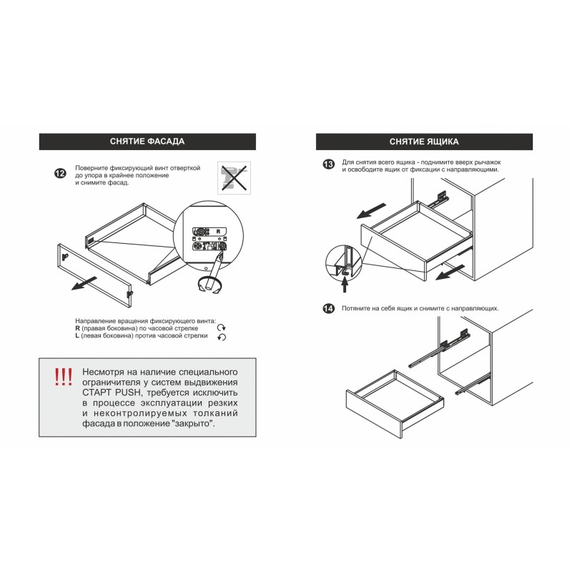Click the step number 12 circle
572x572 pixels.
pyautogui.click(x=60, y=173)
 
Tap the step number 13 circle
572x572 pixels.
pyautogui.click(x=328, y=164)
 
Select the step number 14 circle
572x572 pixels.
pyautogui.click(x=328, y=309)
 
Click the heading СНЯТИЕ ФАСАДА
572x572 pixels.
pyautogui.click(x=147, y=142)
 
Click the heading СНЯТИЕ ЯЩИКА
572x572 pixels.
pyautogui.click(x=424, y=142)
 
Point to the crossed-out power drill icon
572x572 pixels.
pyautogui.click(x=235, y=178)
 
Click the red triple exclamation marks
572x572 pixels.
pyautogui.click(x=64, y=377)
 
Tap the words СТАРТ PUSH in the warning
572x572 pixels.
pyautogui.click(x=111, y=393)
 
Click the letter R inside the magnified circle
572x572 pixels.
pyautogui.click(x=218, y=231)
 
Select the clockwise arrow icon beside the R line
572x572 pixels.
pyautogui.click(x=222, y=328)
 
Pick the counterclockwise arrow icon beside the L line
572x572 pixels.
pyautogui.click(x=222, y=337)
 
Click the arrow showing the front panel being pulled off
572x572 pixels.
pyautogui.click(x=84, y=283)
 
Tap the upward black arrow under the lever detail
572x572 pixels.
pyautogui.click(x=345, y=285)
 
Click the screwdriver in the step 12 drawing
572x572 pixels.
pyautogui.click(x=214, y=270)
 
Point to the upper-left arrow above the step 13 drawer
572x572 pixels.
pyautogui.click(x=371, y=211)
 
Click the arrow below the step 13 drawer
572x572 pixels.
pyautogui.click(x=450, y=272)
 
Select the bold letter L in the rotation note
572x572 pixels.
pyautogui.click(x=77, y=335)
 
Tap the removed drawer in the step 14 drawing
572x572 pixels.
pyautogui.click(x=395, y=404)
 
